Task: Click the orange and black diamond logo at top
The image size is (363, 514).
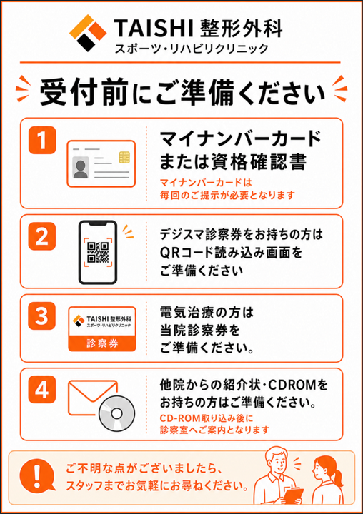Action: click(x=88, y=33)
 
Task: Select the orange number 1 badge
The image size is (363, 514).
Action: click(x=42, y=140)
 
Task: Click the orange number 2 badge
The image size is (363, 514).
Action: click(x=42, y=236)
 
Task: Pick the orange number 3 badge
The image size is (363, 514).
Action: click(x=42, y=316)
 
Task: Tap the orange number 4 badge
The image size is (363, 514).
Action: click(x=42, y=390)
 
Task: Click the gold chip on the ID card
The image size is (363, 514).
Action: click(x=124, y=157)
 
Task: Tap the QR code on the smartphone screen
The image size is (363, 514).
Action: click(x=98, y=252)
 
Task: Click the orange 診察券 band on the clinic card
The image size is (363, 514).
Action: click(x=102, y=343)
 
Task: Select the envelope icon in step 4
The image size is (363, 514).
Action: click(x=93, y=398)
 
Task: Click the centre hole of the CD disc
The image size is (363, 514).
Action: click(x=117, y=413)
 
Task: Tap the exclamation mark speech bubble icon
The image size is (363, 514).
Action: click(x=36, y=475)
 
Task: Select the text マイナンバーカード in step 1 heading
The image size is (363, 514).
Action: click(x=241, y=138)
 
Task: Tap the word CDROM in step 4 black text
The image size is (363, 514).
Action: click(x=293, y=385)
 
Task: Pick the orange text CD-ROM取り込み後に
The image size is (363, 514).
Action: click(x=207, y=418)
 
